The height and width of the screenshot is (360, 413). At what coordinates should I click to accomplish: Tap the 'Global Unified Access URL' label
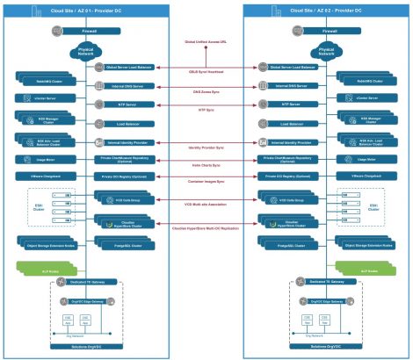pos(205,41)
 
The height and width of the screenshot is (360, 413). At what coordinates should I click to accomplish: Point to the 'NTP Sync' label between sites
pos(206,110)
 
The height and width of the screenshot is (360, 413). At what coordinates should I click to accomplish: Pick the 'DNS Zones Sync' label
pos(206,91)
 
